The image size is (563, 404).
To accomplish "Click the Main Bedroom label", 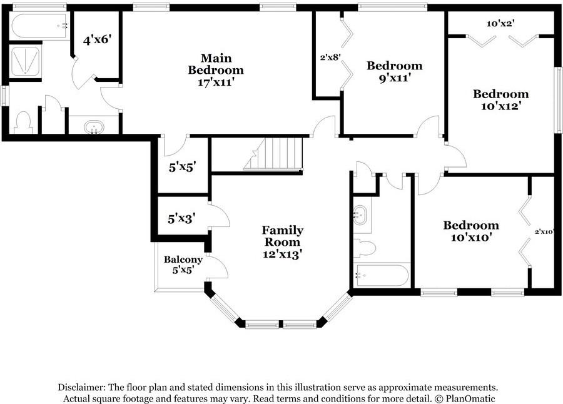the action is (216, 64).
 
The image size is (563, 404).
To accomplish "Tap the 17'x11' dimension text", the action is (216, 82).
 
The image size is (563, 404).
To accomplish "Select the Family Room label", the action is (283, 236).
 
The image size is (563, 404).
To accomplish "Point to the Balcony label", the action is (183, 260).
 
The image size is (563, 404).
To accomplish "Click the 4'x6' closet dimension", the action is (96, 39).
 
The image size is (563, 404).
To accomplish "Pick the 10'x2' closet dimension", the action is (501, 24).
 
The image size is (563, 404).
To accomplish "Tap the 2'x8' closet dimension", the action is (330, 57).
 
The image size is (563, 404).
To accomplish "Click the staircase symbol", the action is (273, 154).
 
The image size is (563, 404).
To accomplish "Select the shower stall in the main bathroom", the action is (25, 61).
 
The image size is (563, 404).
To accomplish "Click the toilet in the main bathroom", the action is (24, 123).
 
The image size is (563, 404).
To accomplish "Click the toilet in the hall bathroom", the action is (365, 248).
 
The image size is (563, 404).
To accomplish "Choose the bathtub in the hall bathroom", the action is (382, 275).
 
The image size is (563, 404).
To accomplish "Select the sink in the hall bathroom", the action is (360, 215).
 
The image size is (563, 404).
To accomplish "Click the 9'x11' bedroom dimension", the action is (395, 78).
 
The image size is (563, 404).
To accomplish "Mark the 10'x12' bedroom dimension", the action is (501, 106).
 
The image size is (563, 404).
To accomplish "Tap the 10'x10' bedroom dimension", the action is (470, 238).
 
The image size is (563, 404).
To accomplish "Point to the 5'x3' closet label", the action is (181, 218).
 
